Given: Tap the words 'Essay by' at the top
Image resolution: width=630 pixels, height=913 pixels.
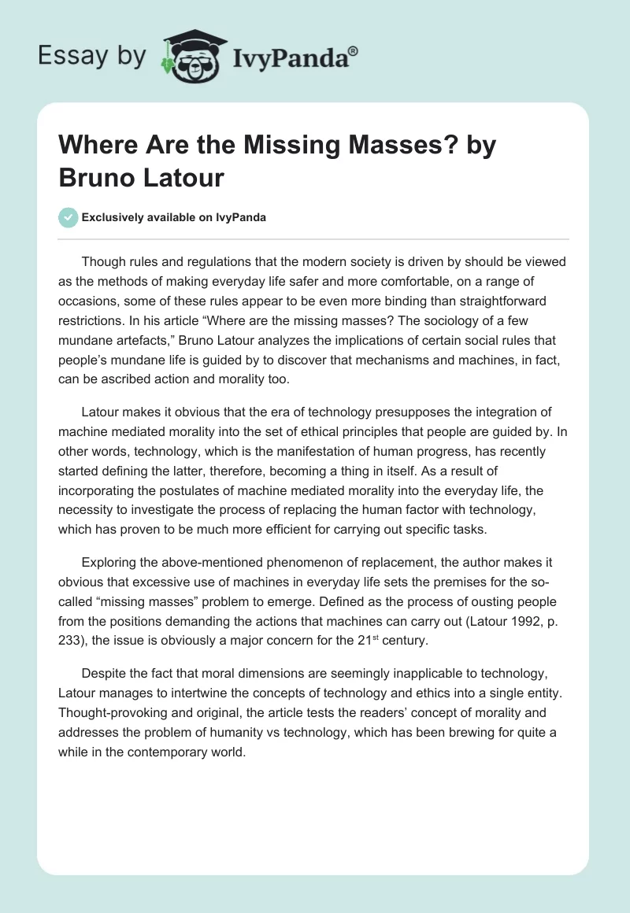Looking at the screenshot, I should click(91, 56).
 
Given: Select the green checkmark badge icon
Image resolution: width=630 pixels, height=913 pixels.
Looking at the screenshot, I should click(69, 217).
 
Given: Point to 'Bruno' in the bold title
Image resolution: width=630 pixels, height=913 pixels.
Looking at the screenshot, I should click(98, 177).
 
